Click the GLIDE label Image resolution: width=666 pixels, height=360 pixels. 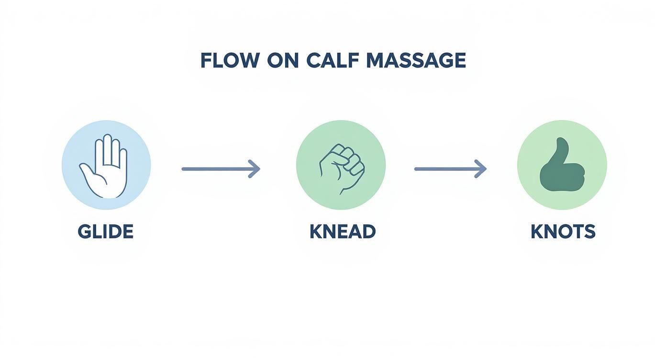point(105,232)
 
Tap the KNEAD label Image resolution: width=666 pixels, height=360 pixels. point(342,232)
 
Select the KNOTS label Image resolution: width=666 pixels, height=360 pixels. point(563,232)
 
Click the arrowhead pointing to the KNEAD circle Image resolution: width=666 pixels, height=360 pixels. point(255,169)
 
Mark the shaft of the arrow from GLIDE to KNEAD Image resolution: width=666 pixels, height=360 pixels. point(215,169)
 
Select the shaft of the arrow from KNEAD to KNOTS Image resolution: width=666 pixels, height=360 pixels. point(445,169)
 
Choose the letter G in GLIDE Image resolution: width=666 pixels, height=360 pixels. point(84,232)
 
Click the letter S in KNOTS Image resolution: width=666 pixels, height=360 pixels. point(590,232)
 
